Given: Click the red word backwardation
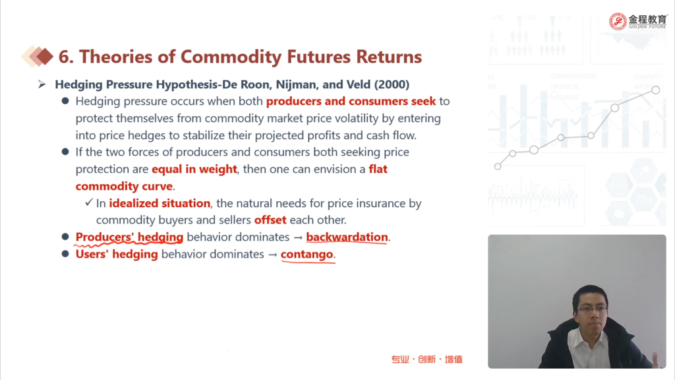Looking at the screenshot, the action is click(347, 237).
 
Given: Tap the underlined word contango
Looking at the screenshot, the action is click(307, 254).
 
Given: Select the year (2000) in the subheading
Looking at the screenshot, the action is click(392, 84).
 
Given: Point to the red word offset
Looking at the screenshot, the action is click(270, 220).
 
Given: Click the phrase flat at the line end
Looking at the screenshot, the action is click(378, 169).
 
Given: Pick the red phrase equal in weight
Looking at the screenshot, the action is click(194, 170).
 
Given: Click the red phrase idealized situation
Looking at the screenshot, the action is click(160, 203).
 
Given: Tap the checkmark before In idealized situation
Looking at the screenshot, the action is click(89, 202).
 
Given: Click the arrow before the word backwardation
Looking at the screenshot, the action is click(298, 237).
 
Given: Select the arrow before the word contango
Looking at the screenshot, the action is click(272, 255).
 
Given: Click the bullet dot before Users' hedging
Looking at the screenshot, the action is click(65, 254).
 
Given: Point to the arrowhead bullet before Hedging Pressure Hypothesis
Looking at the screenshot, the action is click(42, 84).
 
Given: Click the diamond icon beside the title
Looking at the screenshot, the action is click(38, 57).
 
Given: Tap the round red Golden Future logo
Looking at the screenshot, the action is click(618, 21).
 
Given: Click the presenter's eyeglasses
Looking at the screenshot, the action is click(592, 309).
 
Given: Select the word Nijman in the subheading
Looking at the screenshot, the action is click(295, 84).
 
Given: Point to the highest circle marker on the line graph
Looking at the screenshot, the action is click(656, 90).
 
